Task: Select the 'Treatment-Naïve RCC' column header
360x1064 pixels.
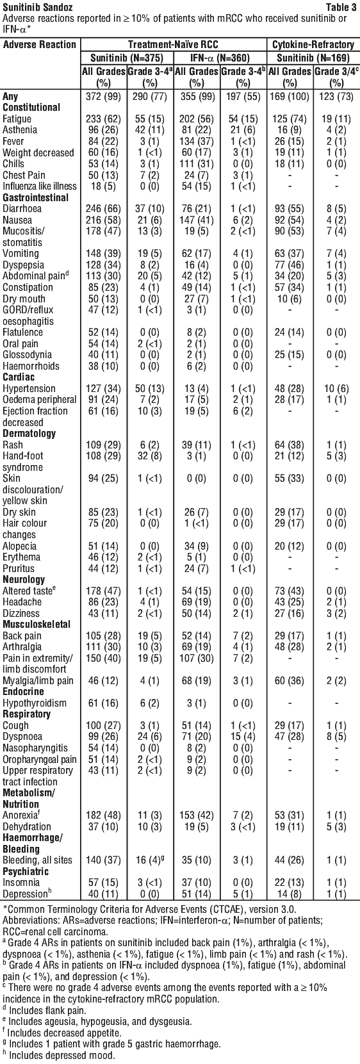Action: tap(174, 44)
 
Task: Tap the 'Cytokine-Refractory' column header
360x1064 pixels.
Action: tap(313, 44)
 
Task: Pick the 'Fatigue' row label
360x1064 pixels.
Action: tap(17, 119)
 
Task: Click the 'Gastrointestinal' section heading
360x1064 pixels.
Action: tap(36, 197)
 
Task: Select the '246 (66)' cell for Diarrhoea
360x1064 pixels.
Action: tap(104, 209)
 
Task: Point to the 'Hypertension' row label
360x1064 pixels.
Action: tap(29, 389)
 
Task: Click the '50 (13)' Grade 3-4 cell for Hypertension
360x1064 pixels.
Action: tap(150, 389)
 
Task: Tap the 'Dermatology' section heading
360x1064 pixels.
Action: tap(29, 433)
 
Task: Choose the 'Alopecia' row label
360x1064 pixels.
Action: tap(19, 546)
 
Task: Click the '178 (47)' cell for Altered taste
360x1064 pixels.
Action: tap(104, 591)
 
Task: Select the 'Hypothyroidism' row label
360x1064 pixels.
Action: tap(35, 703)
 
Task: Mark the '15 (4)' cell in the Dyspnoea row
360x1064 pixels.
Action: tap(243, 737)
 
